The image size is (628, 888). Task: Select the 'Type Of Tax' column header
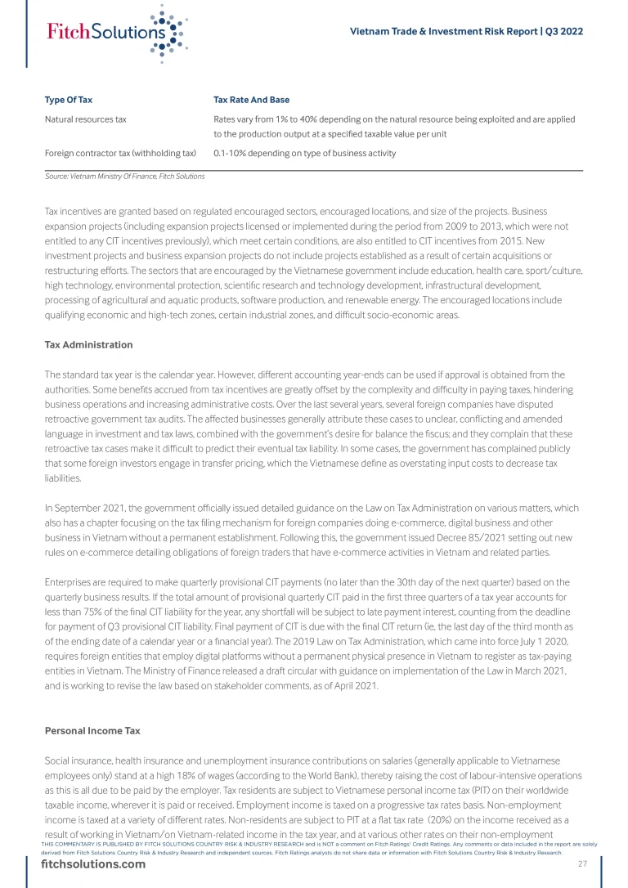coord(68,100)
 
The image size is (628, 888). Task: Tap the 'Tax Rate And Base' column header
coord(251,100)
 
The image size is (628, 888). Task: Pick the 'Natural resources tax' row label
coord(85,119)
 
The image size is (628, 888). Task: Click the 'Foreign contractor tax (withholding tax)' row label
coord(120,153)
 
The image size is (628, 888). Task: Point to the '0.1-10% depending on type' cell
coord(304,153)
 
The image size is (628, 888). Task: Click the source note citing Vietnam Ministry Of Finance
coord(124,176)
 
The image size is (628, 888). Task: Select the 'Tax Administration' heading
coord(88,344)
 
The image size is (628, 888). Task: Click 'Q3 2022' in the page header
coord(564,31)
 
